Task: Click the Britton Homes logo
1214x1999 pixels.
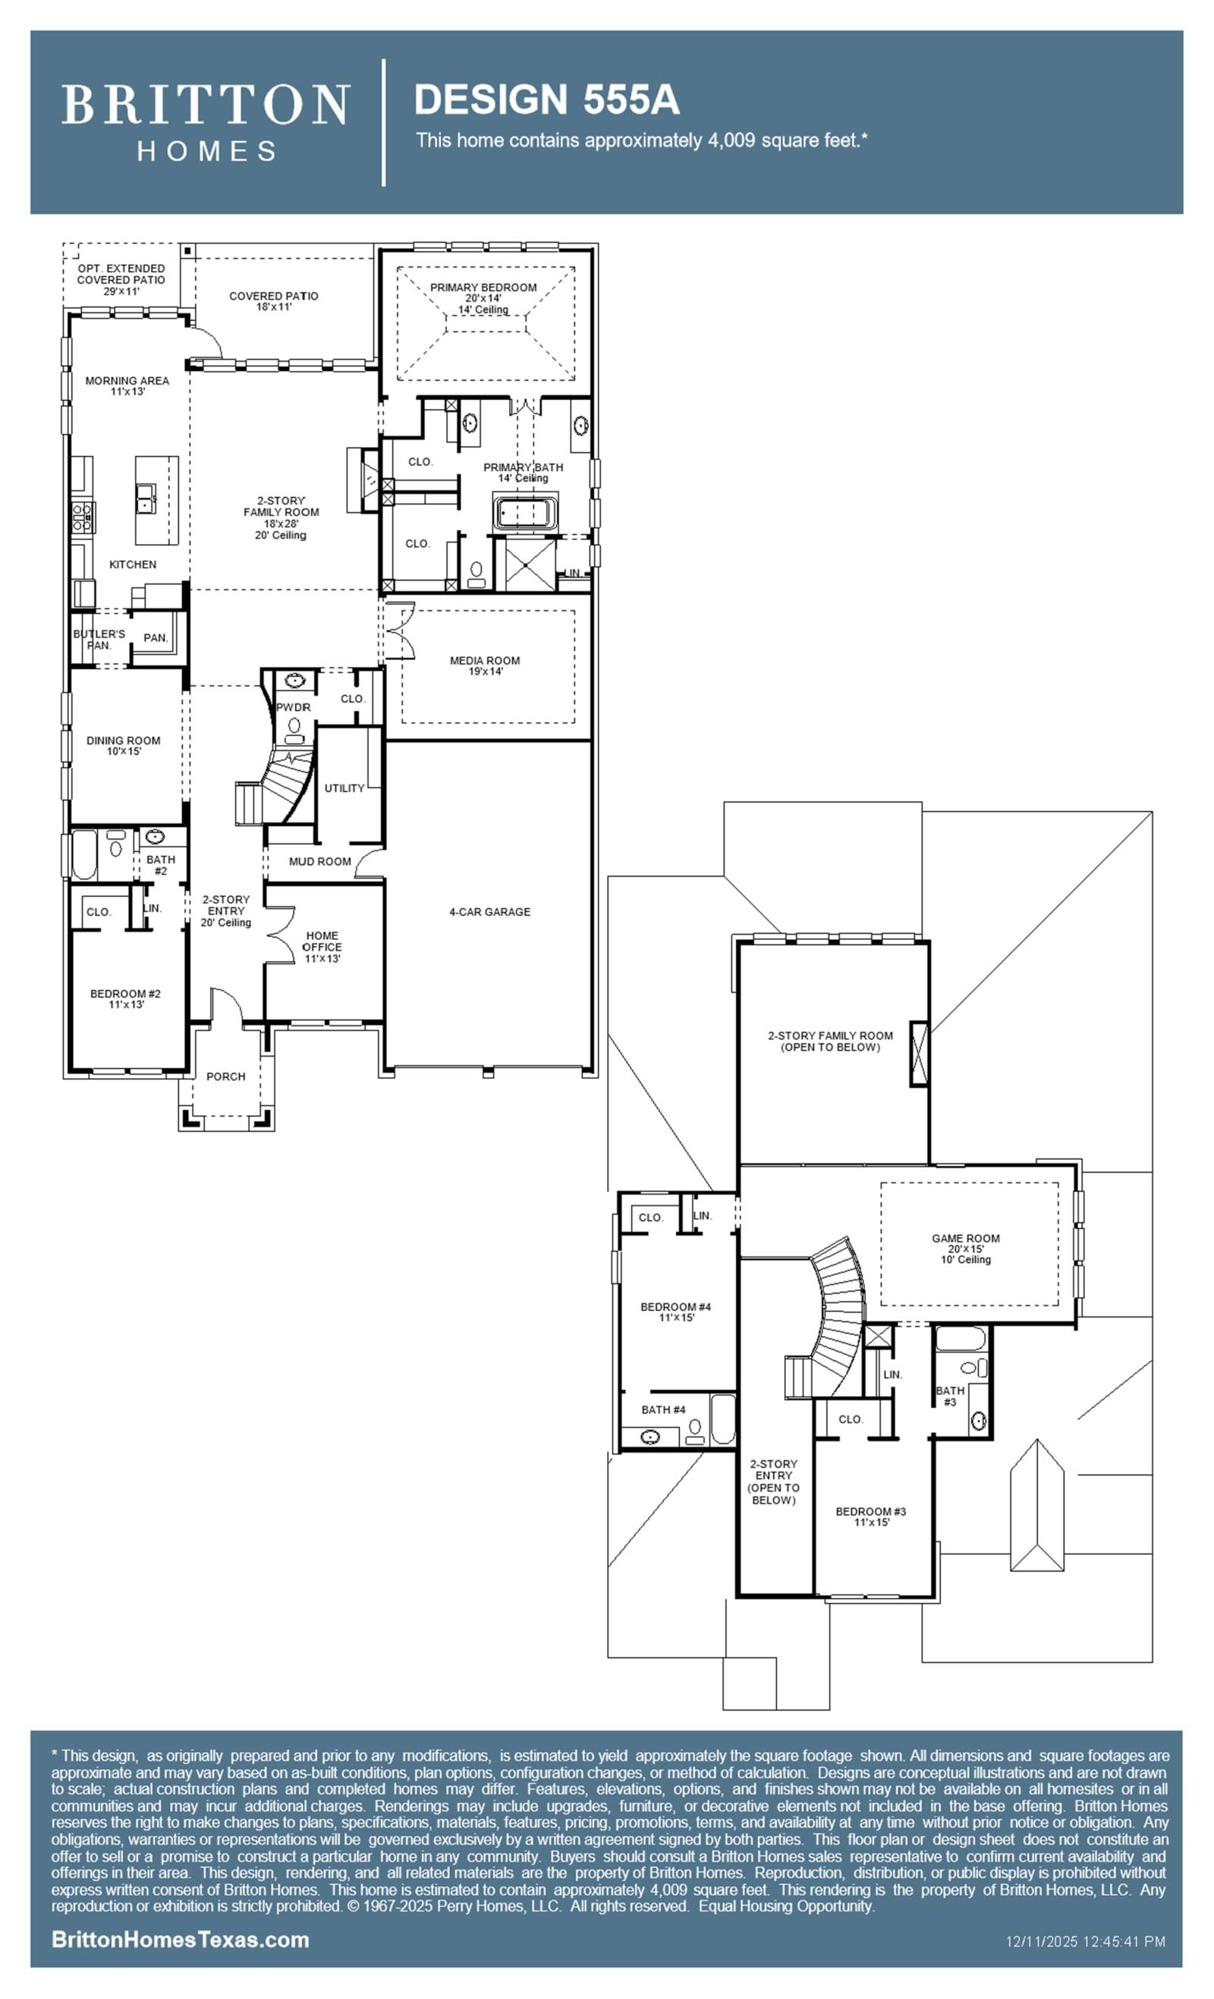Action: [x=206, y=122]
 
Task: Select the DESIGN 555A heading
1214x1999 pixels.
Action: [x=546, y=100]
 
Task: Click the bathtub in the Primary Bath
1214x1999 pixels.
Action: [x=524, y=514]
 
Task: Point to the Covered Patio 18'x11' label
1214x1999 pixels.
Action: [x=273, y=301]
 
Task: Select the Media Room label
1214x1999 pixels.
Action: [x=485, y=665]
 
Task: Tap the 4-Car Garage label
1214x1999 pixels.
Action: [x=489, y=912]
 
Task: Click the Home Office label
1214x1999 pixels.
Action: [x=322, y=947]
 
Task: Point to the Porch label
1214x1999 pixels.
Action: [x=225, y=1077]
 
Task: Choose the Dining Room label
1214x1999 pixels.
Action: [x=124, y=746]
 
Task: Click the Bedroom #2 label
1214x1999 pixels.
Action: [x=125, y=998]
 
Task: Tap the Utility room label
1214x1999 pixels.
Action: [x=344, y=787]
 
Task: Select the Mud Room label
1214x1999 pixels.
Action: [x=319, y=862]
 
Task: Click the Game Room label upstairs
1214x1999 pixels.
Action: [x=966, y=1249]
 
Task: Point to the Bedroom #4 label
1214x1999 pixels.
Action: [x=675, y=1312]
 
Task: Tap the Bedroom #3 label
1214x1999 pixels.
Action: [x=871, y=1517]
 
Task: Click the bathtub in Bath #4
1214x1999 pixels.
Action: [x=722, y=1419]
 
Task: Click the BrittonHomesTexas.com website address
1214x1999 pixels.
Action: [x=180, y=1940]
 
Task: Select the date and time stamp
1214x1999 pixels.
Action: [x=1085, y=1941]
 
